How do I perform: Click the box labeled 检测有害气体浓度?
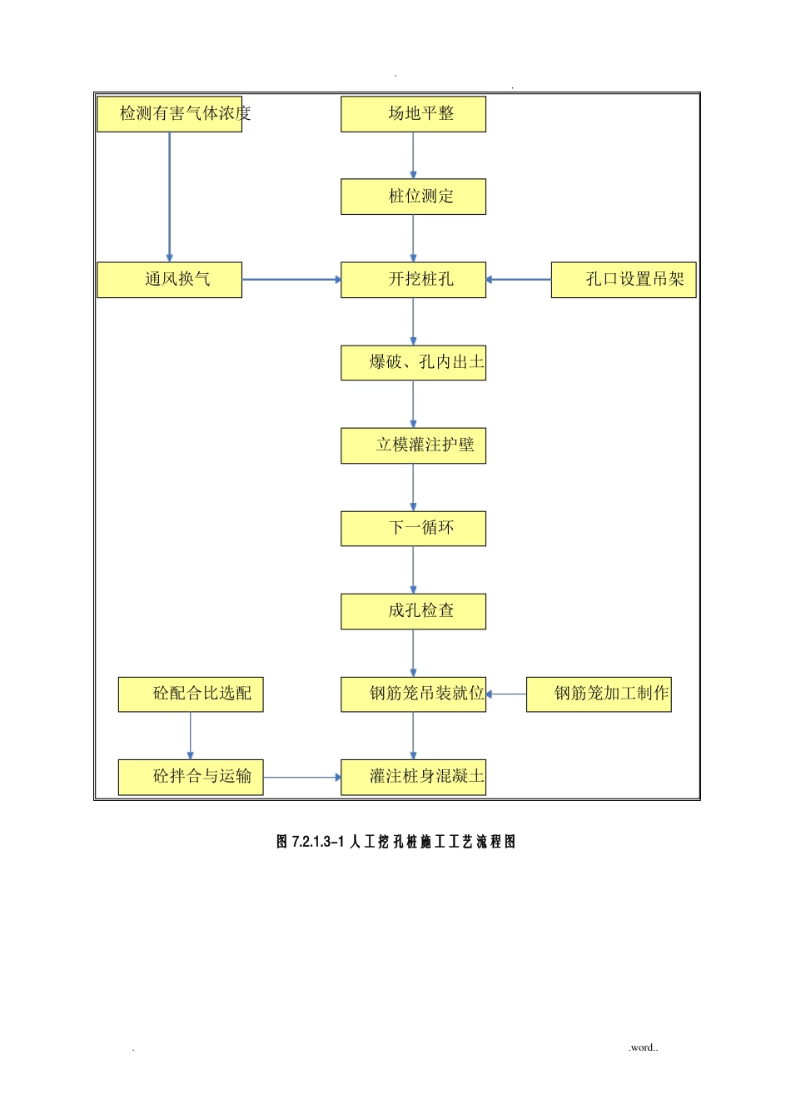[170, 114]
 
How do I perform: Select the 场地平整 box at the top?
[413, 114]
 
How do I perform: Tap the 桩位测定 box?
[413, 196]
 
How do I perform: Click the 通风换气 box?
[170, 280]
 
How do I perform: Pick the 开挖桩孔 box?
[413, 280]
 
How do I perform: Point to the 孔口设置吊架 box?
[623, 280]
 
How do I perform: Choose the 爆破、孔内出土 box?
[413, 362]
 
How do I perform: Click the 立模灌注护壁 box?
[413, 445]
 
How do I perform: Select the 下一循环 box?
[413, 528]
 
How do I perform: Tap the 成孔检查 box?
[413, 611]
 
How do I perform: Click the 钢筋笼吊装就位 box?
[413, 694]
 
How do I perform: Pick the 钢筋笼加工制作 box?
[599, 694]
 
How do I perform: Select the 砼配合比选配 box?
[191, 694]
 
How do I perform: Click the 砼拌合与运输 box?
[191, 777]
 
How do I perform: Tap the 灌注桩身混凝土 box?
[413, 777]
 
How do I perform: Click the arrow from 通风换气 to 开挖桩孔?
[291, 280]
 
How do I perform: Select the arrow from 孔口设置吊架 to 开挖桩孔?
[519, 280]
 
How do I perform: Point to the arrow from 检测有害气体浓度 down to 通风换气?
[170, 196]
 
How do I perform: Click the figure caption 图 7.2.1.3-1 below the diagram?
[395, 842]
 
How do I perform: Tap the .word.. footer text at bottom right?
[643, 1047]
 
